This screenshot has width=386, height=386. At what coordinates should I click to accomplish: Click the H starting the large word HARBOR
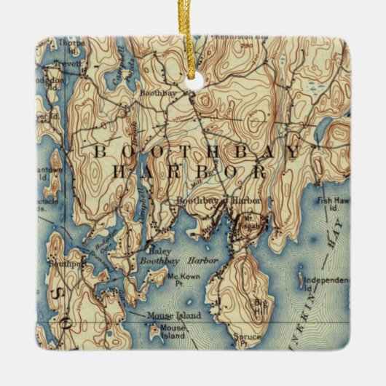tap(119, 173)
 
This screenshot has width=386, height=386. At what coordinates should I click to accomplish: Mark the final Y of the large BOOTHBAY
tap(291, 152)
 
